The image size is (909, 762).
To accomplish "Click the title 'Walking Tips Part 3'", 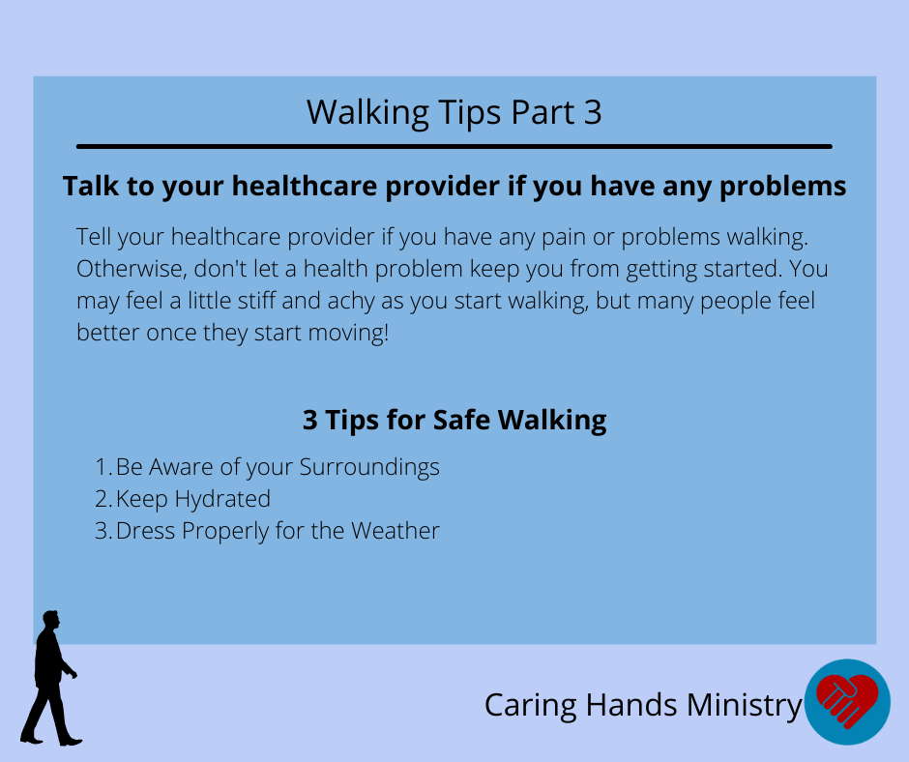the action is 454,112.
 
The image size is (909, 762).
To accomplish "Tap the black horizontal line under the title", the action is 454,147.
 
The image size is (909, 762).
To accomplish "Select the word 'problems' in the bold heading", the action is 782,188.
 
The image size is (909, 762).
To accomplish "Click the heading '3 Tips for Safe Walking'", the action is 454,420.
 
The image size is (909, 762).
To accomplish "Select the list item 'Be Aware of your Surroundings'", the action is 278,468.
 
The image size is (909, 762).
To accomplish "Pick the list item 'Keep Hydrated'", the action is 193,499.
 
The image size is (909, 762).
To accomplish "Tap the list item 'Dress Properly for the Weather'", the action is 278,531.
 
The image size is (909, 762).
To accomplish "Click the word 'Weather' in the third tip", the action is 396,531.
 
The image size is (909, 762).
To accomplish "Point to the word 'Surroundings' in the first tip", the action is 369,468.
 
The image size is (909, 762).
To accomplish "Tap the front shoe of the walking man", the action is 71,741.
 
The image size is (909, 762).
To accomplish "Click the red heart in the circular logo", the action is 847,700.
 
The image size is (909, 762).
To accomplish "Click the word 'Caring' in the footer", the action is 531,706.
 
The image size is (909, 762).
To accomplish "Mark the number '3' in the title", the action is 593,112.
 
